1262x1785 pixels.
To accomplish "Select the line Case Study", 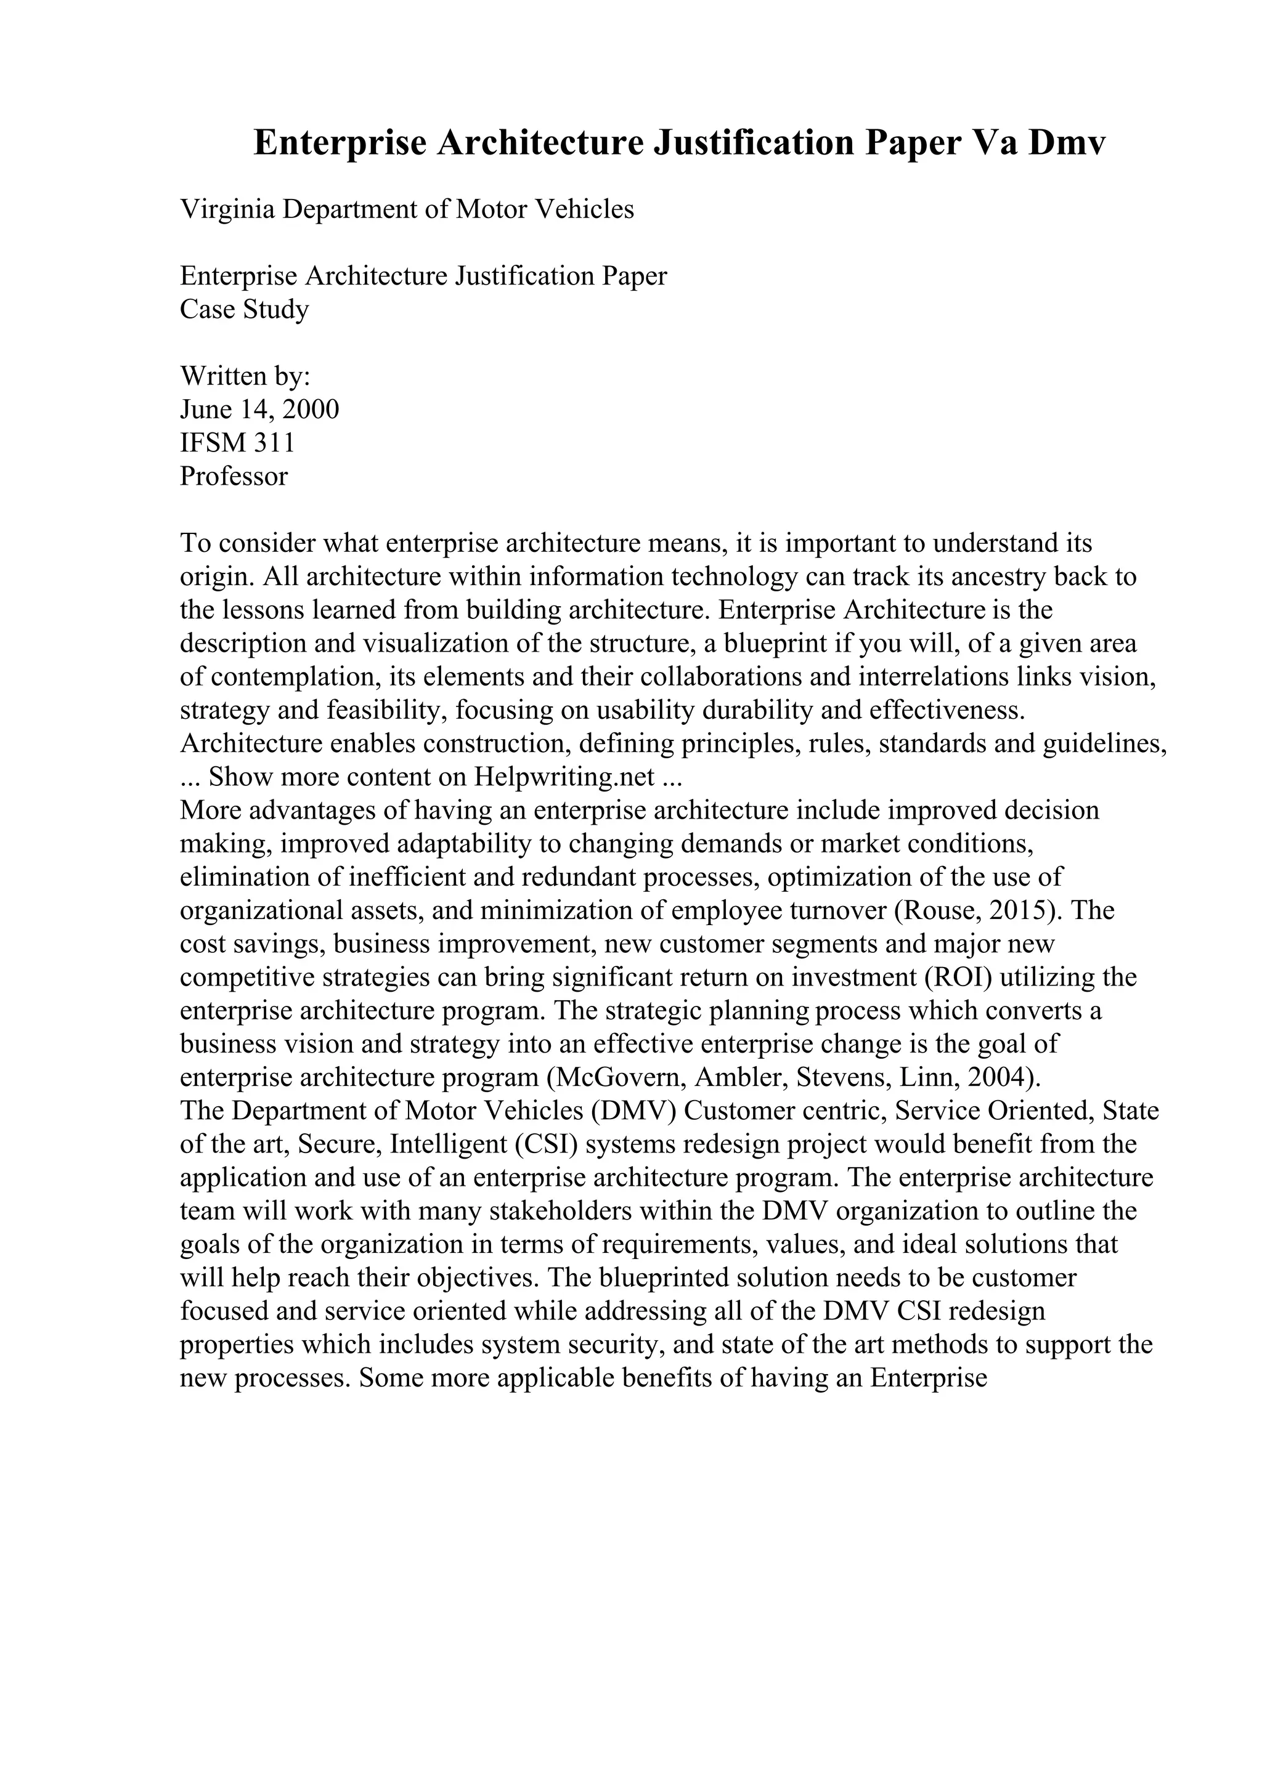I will [244, 309].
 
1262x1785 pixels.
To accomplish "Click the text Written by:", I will [245, 376].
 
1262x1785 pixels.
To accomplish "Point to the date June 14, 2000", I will [259, 410].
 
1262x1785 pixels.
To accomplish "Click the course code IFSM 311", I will [237, 443].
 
